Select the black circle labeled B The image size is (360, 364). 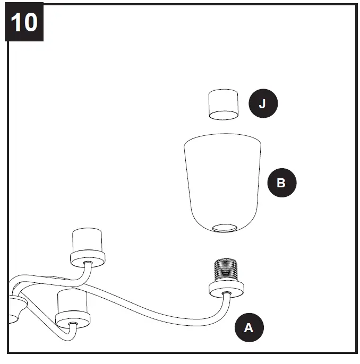(281, 183)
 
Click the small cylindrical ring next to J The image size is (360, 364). (223, 105)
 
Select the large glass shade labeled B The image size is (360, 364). (223, 180)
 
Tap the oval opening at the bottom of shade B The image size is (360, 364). (223, 228)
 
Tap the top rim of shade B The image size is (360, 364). (223, 136)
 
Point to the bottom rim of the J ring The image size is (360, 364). (223, 115)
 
